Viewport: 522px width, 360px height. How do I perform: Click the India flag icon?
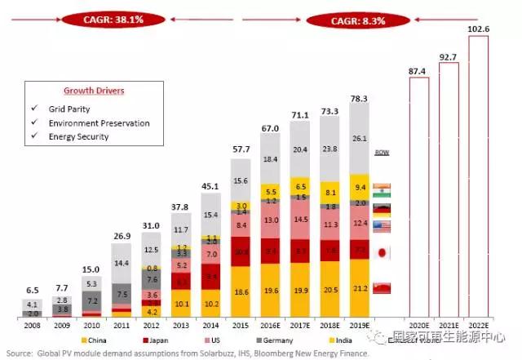pos(381,189)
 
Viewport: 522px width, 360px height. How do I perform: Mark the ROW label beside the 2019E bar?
pos(381,153)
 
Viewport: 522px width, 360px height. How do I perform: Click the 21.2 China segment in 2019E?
pos(359,287)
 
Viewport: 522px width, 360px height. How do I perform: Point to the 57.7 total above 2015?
pos(241,151)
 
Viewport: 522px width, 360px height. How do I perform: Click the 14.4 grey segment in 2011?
pos(123,264)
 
